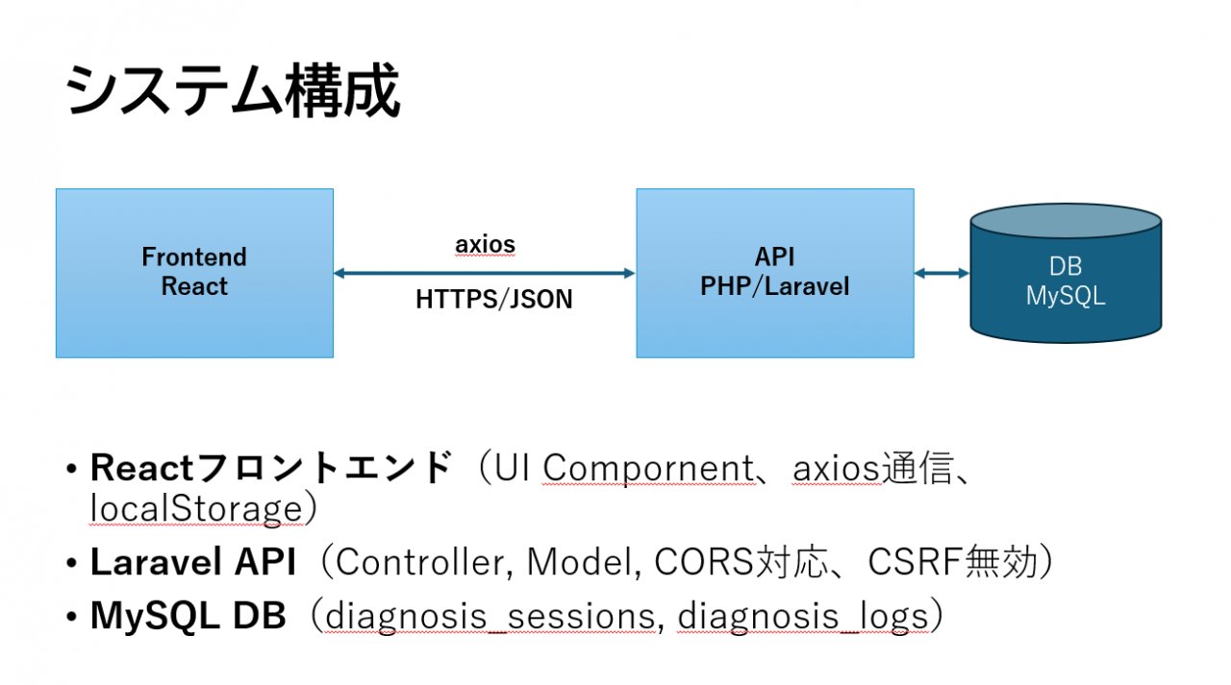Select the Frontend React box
tap(194, 273)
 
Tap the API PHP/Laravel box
tap(774, 273)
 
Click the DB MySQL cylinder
tap(1065, 282)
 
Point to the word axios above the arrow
tap(485, 245)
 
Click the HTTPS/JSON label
tap(493, 300)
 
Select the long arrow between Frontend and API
tap(484, 274)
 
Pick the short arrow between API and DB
tap(942, 274)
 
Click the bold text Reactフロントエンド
tap(270, 468)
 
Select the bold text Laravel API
tap(192, 563)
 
